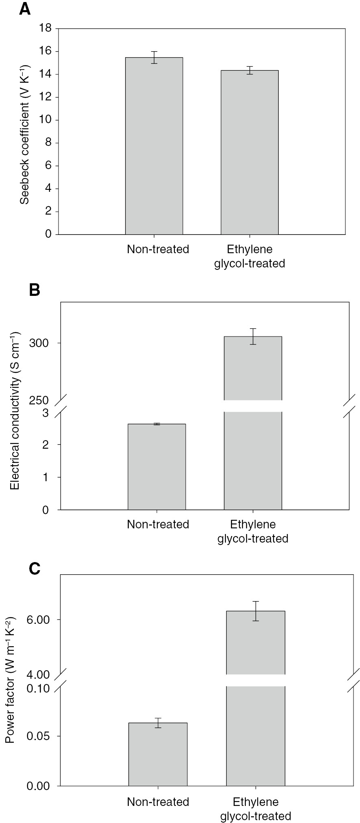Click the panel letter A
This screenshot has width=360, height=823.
pos(25,9)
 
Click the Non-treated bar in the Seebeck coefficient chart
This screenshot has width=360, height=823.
pos(154,146)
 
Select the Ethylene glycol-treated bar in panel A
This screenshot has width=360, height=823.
pos(249,152)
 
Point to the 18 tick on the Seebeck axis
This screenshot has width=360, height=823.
pos(46,28)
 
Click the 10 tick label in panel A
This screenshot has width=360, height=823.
pos(46,120)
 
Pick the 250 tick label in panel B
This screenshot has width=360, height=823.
pos(39,400)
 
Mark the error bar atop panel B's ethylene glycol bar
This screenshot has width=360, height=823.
pos(253,336)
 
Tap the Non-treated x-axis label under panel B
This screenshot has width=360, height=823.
pos(158,524)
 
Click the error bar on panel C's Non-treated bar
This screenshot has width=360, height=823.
pos(158,723)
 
